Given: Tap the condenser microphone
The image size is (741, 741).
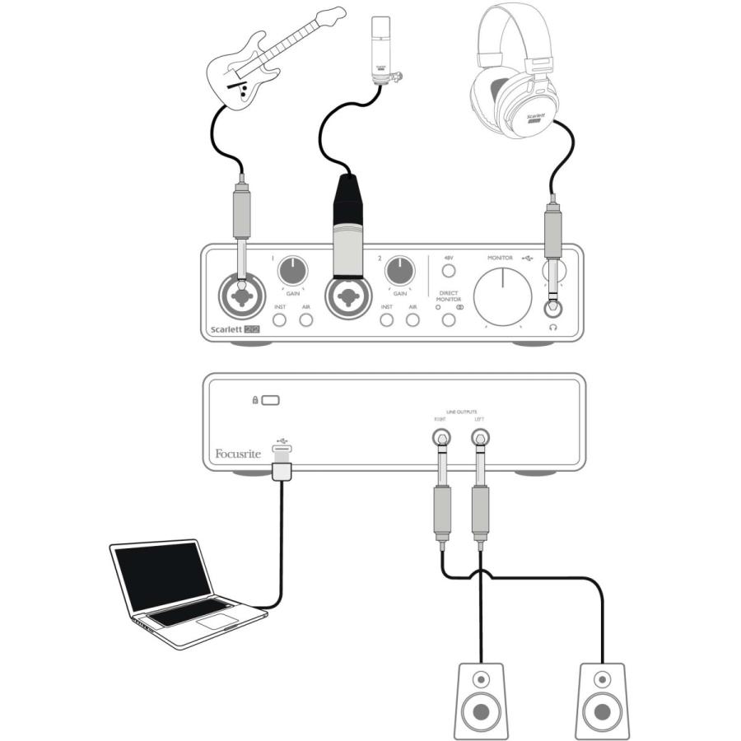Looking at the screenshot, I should pyautogui.click(x=380, y=49).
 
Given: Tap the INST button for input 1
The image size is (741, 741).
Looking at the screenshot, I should pyautogui.click(x=280, y=319).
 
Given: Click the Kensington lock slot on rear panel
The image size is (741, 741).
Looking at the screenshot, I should pyautogui.click(x=271, y=400).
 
